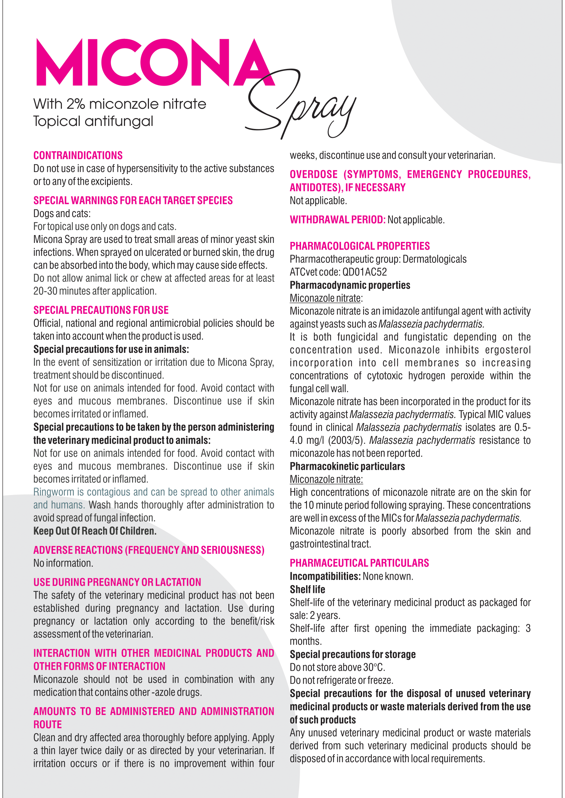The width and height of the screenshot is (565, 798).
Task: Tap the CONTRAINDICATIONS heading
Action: (78, 155)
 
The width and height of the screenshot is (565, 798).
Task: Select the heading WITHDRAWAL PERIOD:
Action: (337, 220)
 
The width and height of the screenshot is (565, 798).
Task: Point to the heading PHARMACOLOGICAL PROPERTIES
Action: (360, 246)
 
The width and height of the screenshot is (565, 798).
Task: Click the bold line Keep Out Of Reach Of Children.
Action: (95, 531)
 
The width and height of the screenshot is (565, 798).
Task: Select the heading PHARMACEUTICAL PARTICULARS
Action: (359, 563)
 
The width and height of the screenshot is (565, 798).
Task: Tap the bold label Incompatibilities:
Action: (325, 576)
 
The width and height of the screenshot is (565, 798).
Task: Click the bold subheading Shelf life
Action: (307, 590)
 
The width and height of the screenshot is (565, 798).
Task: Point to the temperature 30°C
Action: (374, 667)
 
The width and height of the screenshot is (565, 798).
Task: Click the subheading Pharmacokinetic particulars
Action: (347, 466)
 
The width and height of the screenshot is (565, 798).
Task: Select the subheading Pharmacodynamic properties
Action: (350, 285)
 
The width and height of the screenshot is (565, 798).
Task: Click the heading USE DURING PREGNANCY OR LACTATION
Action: (117, 582)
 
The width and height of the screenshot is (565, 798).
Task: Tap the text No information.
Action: (63, 563)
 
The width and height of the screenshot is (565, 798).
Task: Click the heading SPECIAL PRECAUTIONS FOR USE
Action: (101, 310)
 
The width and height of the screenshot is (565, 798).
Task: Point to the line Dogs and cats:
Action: (62, 213)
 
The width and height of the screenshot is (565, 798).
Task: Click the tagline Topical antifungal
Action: (93, 121)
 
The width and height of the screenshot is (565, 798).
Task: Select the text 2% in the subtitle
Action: (76, 104)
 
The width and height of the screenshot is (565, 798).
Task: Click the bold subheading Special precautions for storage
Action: (353, 654)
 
